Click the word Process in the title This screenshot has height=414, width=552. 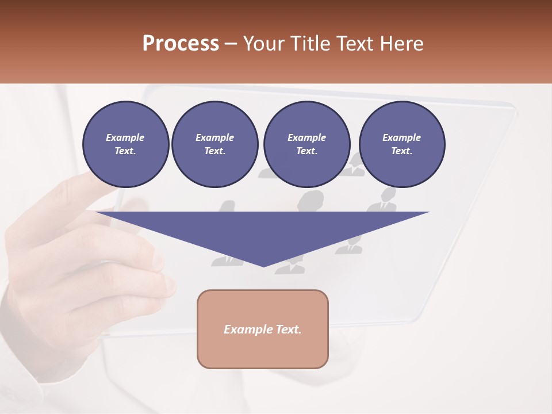tap(181, 43)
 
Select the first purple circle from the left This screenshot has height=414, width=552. tap(125, 144)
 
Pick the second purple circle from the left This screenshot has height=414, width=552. tap(214, 144)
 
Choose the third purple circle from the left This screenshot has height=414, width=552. tap(306, 144)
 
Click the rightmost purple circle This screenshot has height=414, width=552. tap(401, 144)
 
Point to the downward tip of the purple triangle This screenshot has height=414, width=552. tap(263, 266)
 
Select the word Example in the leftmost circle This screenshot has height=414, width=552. tap(125, 137)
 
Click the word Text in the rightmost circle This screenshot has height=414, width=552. tap(401, 151)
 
